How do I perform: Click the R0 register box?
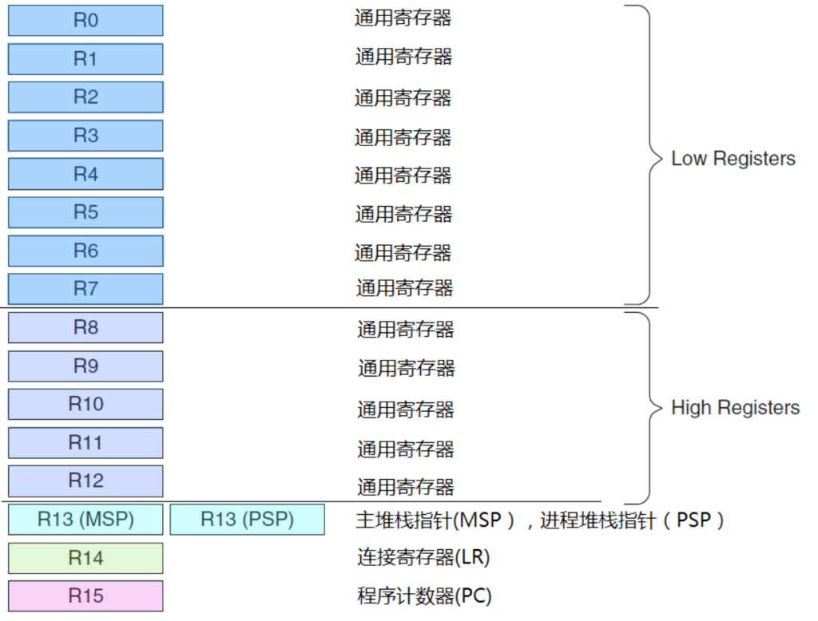[x=85, y=20]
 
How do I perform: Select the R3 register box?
[x=85, y=136]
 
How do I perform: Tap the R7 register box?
[x=85, y=289]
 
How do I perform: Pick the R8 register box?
[x=85, y=327]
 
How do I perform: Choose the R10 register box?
[x=85, y=404]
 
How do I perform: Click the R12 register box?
[x=85, y=481]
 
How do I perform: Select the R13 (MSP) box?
[x=85, y=520]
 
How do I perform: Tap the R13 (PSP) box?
[x=248, y=520]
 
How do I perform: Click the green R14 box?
[x=85, y=558]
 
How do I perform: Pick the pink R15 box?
[x=85, y=596]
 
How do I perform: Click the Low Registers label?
[x=733, y=159]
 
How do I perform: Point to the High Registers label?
[x=735, y=408]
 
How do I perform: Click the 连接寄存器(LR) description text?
[x=423, y=557]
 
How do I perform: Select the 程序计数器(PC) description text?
[x=424, y=596]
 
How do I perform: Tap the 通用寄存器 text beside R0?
[x=403, y=18]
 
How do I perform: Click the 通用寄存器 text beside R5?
[x=403, y=214]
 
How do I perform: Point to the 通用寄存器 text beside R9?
[x=407, y=368]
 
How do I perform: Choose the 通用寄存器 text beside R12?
[x=405, y=487]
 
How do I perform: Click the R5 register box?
[x=85, y=212]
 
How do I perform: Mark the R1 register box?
[x=85, y=59]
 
